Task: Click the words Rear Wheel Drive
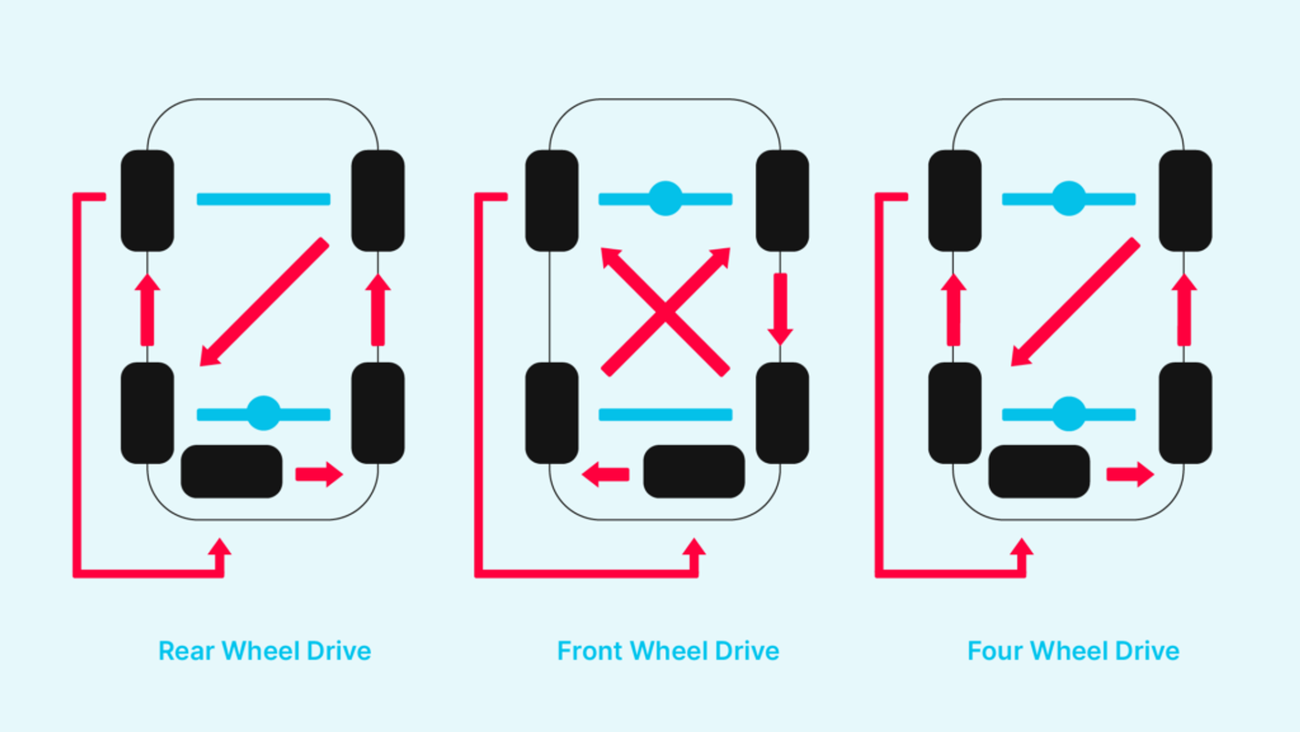[265, 651]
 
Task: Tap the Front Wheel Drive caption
[668, 651]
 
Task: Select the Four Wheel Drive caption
[1073, 651]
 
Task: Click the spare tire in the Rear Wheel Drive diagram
[232, 471]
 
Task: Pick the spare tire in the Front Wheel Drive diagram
[694, 471]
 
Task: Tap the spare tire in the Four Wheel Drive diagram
[1039, 471]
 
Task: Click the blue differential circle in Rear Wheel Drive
[263, 414]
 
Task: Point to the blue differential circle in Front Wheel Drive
[665, 198]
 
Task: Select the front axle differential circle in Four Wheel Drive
[1069, 198]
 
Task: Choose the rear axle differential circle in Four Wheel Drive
[1069, 414]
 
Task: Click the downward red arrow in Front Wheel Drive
[780, 309]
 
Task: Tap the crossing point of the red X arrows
[665, 311]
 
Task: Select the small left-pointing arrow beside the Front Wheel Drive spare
[606, 474]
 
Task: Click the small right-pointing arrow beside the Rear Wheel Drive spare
[319, 474]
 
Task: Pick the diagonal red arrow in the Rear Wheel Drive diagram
[264, 302]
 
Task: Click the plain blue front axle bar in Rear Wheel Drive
[263, 199]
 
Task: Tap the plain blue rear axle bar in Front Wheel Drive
[665, 414]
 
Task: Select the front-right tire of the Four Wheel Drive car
[1185, 201]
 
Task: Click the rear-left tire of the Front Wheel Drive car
[552, 413]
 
